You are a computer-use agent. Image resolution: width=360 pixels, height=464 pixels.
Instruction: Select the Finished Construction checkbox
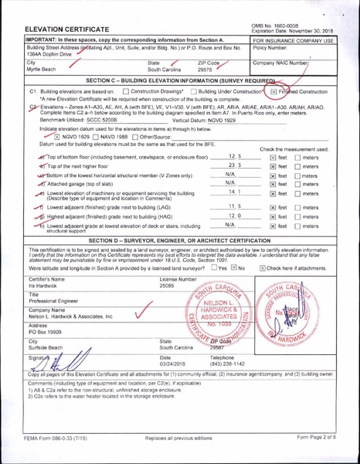(273, 91)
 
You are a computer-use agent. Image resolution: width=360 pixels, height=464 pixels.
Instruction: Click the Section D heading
(179, 241)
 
